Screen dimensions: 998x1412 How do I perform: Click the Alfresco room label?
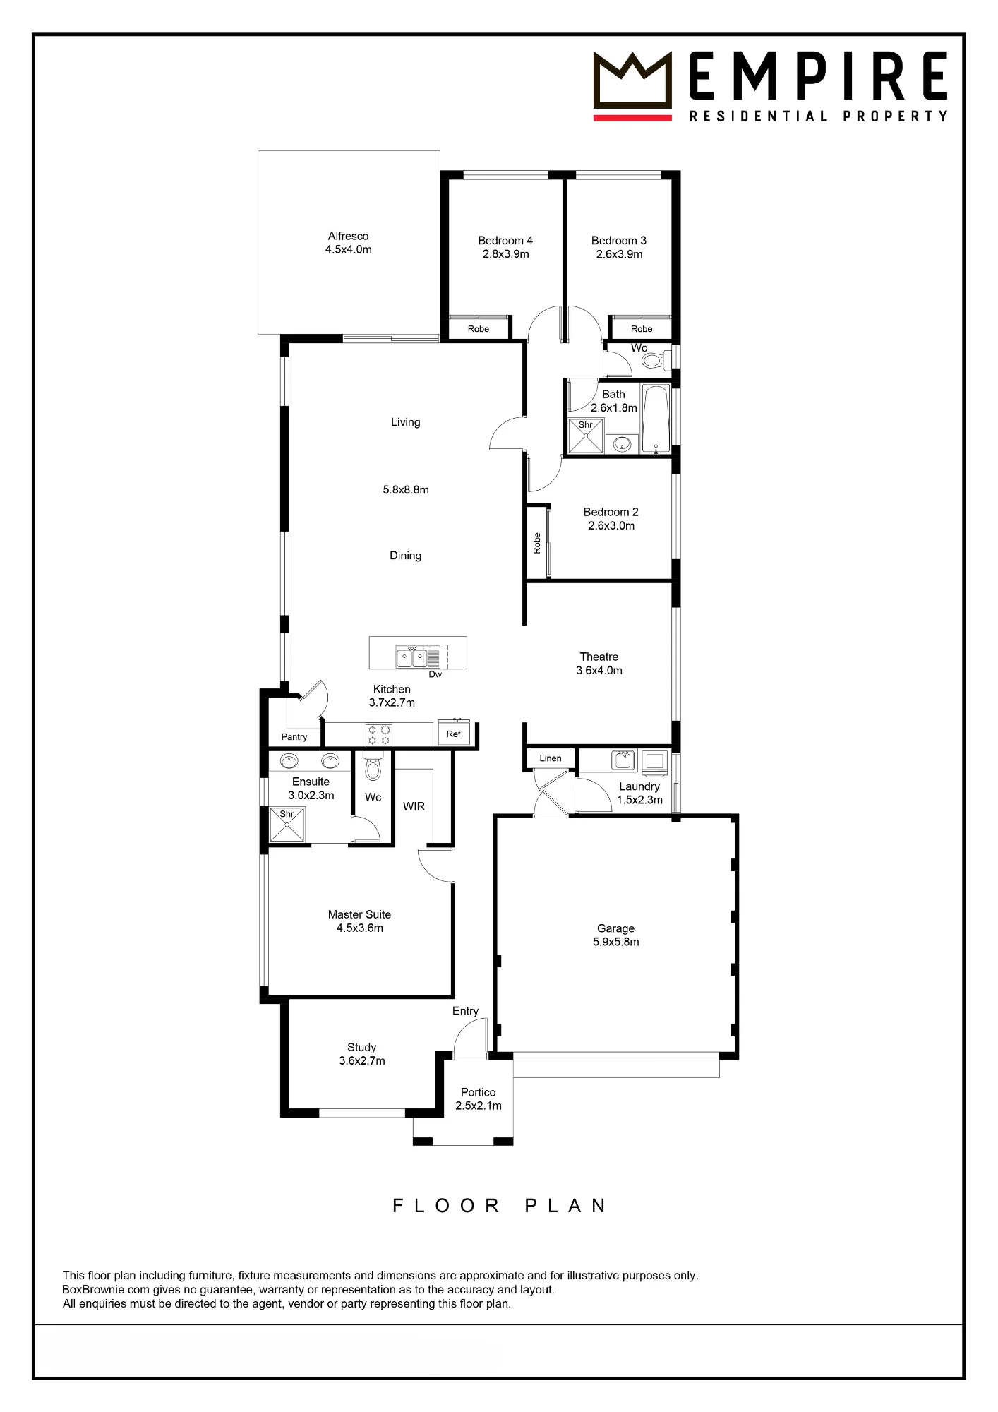[x=348, y=236]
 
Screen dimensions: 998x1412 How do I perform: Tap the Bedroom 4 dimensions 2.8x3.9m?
[x=506, y=254]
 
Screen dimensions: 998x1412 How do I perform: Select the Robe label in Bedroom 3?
[x=642, y=329]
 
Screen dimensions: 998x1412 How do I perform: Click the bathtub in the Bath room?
[x=656, y=419]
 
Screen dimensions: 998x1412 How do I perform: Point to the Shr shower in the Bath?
[x=586, y=436]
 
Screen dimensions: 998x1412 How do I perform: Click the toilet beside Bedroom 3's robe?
[x=656, y=361]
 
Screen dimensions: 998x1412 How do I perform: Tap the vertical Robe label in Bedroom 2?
[x=537, y=543]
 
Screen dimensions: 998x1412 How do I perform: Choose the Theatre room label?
[x=599, y=657]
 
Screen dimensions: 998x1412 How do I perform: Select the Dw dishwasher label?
[x=435, y=674]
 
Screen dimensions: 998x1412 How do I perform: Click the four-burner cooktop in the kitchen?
[x=379, y=734]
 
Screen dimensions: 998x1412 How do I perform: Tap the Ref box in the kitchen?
[x=454, y=734]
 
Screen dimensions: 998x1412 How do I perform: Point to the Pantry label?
[x=294, y=737]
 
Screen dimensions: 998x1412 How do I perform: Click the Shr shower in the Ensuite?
[x=287, y=825]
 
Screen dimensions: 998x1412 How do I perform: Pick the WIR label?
[x=414, y=806]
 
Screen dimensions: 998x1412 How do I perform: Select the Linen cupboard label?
[x=551, y=758]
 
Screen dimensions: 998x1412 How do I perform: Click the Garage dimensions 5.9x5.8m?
[x=616, y=942]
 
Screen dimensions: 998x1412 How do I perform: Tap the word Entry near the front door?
[x=466, y=1011]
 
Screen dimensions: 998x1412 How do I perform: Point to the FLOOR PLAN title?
[x=499, y=1205]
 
